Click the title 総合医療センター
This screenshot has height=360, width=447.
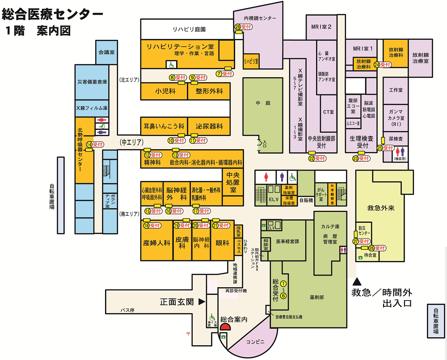(x=53, y=14)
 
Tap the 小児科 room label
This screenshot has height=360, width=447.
(x=165, y=91)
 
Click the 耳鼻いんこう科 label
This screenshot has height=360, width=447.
(x=163, y=126)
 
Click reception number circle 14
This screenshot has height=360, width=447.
(x=89, y=144)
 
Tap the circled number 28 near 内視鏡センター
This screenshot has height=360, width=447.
(x=238, y=27)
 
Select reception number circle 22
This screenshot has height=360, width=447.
(x=312, y=158)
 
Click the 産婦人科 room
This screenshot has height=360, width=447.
(x=157, y=243)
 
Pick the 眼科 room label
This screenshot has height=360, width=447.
(x=222, y=243)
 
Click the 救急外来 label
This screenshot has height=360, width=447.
(x=380, y=208)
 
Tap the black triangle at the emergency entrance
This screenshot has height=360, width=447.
(x=357, y=282)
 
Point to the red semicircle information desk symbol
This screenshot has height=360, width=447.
(x=224, y=327)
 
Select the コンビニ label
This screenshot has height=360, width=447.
(x=255, y=342)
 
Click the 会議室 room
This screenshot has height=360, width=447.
(x=106, y=52)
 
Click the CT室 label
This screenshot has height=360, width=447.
(x=329, y=112)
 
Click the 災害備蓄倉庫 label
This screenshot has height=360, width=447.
(x=92, y=82)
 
